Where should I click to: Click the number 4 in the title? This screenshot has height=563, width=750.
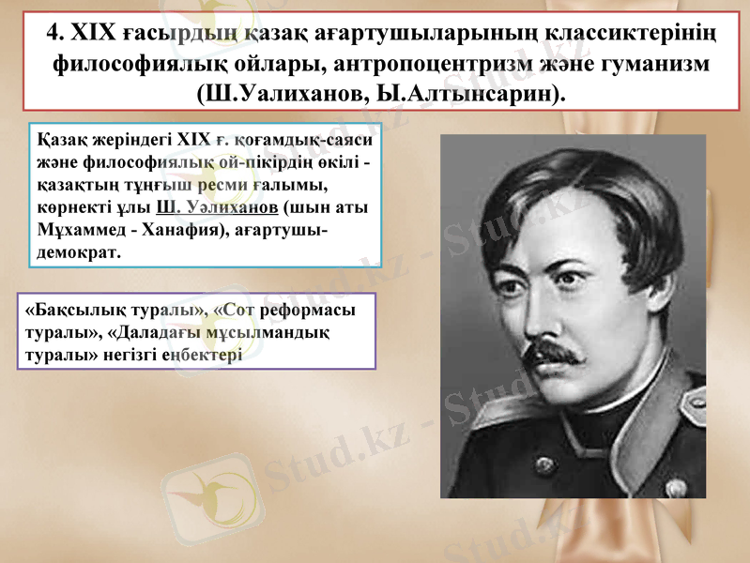coord(54,33)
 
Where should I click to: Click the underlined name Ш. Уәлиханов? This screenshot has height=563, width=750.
coord(217,207)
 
